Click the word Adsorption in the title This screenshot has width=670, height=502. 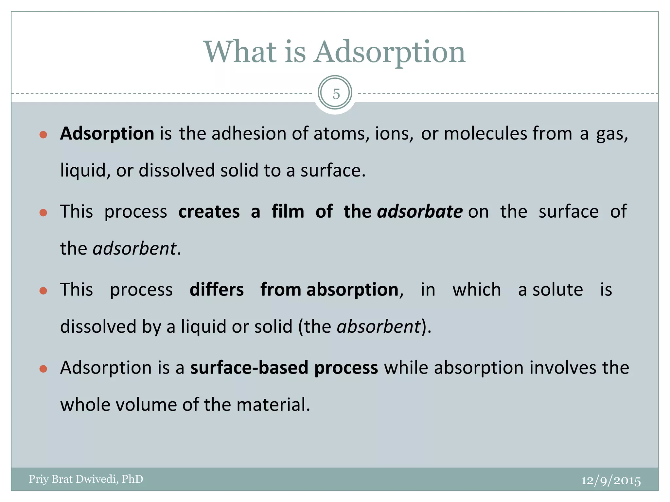389,52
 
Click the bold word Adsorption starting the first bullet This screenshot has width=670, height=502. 107,134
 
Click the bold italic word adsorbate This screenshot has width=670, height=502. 420,211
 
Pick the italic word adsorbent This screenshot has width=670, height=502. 134,248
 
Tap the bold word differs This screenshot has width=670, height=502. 217,290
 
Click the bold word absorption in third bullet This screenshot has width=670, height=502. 352,290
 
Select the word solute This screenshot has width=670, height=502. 557,290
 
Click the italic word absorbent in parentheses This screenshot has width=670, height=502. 379,326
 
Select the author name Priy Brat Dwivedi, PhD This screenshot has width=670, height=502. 86,479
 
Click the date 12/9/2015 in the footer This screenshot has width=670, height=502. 610,480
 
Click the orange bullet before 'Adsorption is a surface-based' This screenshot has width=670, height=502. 43,369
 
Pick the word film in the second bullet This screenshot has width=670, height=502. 288,211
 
